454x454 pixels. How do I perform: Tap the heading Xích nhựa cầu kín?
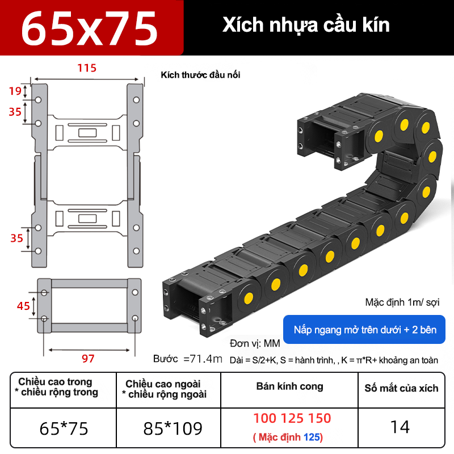[306, 26]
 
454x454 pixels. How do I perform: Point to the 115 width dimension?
[87, 68]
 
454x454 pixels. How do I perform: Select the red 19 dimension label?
[15, 91]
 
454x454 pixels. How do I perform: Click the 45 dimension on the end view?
[23, 306]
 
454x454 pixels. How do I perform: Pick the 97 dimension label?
[88, 359]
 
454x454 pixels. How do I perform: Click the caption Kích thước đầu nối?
[200, 75]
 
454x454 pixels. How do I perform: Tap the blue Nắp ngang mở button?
[365, 330]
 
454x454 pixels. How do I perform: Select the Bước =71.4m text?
[187, 359]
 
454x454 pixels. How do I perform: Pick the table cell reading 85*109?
[173, 427]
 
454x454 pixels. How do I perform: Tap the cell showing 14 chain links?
[401, 427]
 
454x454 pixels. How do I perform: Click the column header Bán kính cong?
[289, 386]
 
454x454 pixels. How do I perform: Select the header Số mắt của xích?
[401, 388]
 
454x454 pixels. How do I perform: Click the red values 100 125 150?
[292, 419]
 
